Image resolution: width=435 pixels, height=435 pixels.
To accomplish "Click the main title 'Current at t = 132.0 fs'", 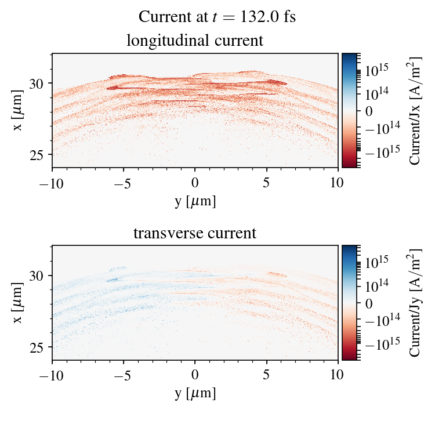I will click(217, 17).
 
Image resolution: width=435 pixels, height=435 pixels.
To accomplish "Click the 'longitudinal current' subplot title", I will click(195, 41).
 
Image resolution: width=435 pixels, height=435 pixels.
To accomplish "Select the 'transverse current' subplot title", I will click(195, 234).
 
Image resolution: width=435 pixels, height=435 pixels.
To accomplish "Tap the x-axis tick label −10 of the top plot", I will click(52, 183).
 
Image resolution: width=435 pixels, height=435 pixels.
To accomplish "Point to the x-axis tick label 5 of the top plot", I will click(266, 183).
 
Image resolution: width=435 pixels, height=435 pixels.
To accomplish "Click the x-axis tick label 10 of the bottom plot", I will click(338, 375).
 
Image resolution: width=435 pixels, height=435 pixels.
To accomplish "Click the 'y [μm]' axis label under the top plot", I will click(195, 201).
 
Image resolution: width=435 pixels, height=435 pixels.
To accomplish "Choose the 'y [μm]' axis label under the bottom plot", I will click(195, 393).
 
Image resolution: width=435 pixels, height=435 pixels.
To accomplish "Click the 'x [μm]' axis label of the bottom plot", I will click(19, 303).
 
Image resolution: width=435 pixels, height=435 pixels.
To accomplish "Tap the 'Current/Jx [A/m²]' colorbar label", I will click(415, 111).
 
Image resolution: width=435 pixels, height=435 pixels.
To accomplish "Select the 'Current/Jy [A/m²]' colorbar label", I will click(415, 303).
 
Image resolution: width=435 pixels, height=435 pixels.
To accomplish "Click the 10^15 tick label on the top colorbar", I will click(376, 70).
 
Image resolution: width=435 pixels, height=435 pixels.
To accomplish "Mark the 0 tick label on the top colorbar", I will click(369, 110).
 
